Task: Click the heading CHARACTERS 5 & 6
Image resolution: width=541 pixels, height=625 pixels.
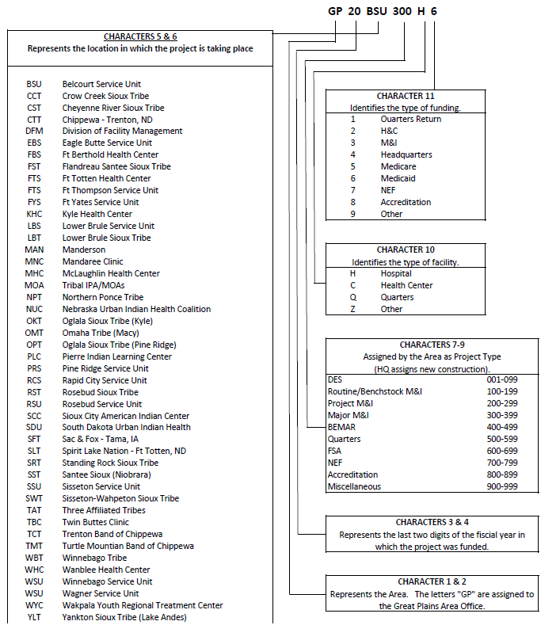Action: (140, 36)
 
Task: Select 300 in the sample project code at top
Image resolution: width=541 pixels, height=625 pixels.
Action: (411, 12)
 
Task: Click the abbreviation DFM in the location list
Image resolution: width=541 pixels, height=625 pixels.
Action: (34, 131)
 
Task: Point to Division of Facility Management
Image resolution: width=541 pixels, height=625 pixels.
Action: (122, 131)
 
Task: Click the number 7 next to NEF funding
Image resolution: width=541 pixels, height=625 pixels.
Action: (353, 190)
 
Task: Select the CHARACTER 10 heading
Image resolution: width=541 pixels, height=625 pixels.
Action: (406, 250)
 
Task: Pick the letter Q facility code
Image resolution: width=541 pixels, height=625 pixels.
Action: (353, 297)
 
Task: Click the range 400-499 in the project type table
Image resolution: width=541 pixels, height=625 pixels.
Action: (501, 427)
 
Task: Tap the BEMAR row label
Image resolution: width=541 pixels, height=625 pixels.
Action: (341, 427)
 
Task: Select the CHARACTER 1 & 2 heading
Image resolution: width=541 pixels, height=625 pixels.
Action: (432, 581)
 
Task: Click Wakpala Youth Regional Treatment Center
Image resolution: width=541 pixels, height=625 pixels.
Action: (143, 605)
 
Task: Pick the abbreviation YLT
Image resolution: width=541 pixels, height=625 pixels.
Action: (34, 617)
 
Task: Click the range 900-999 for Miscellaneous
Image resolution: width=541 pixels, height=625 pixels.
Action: (501, 486)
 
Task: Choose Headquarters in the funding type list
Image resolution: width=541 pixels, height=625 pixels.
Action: (406, 154)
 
